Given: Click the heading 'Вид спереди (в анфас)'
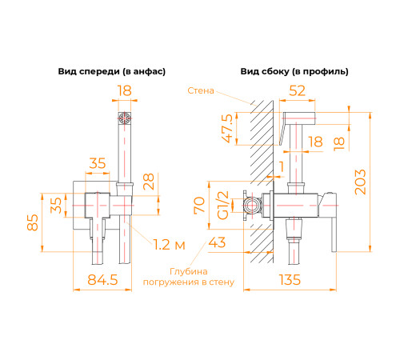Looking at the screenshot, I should point(111,71).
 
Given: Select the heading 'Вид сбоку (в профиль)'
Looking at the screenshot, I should point(294,71).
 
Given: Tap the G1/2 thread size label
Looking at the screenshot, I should point(225,206).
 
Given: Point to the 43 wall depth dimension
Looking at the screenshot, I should point(218,242).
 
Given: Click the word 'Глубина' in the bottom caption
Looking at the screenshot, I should point(188,270).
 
